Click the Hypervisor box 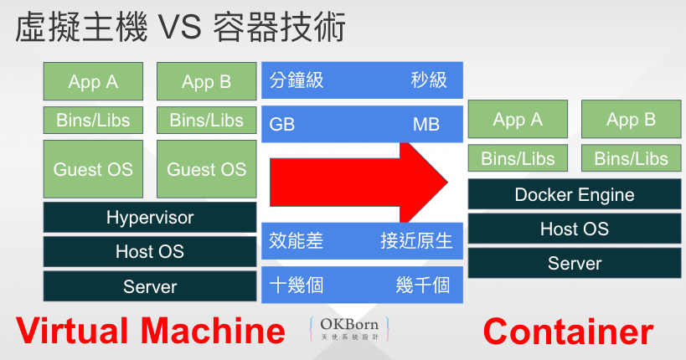[150, 218]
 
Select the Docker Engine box [575, 195]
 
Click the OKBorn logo [349, 328]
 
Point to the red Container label [568, 332]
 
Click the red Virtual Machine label [152, 332]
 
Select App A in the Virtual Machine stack [93, 82]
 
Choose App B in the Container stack [631, 120]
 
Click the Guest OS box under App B [206, 170]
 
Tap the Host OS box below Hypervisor [150, 251]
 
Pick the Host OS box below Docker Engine [575, 229]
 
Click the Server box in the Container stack [575, 263]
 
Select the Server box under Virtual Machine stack [150, 286]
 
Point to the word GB [282, 126]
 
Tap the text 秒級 [428, 80]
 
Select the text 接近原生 [416, 241]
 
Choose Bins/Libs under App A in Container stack [518, 159]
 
